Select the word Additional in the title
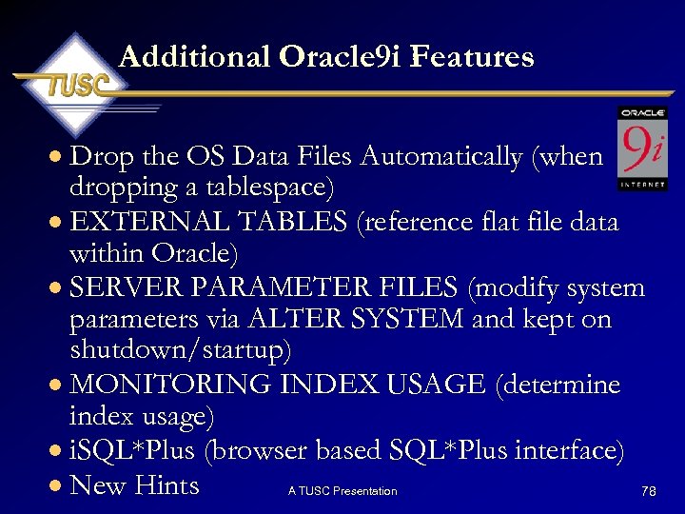(195, 57)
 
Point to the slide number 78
(649, 491)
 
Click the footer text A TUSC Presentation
(342, 491)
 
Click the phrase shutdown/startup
(180, 350)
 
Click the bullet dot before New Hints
(58, 486)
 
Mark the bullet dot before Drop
(58, 157)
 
